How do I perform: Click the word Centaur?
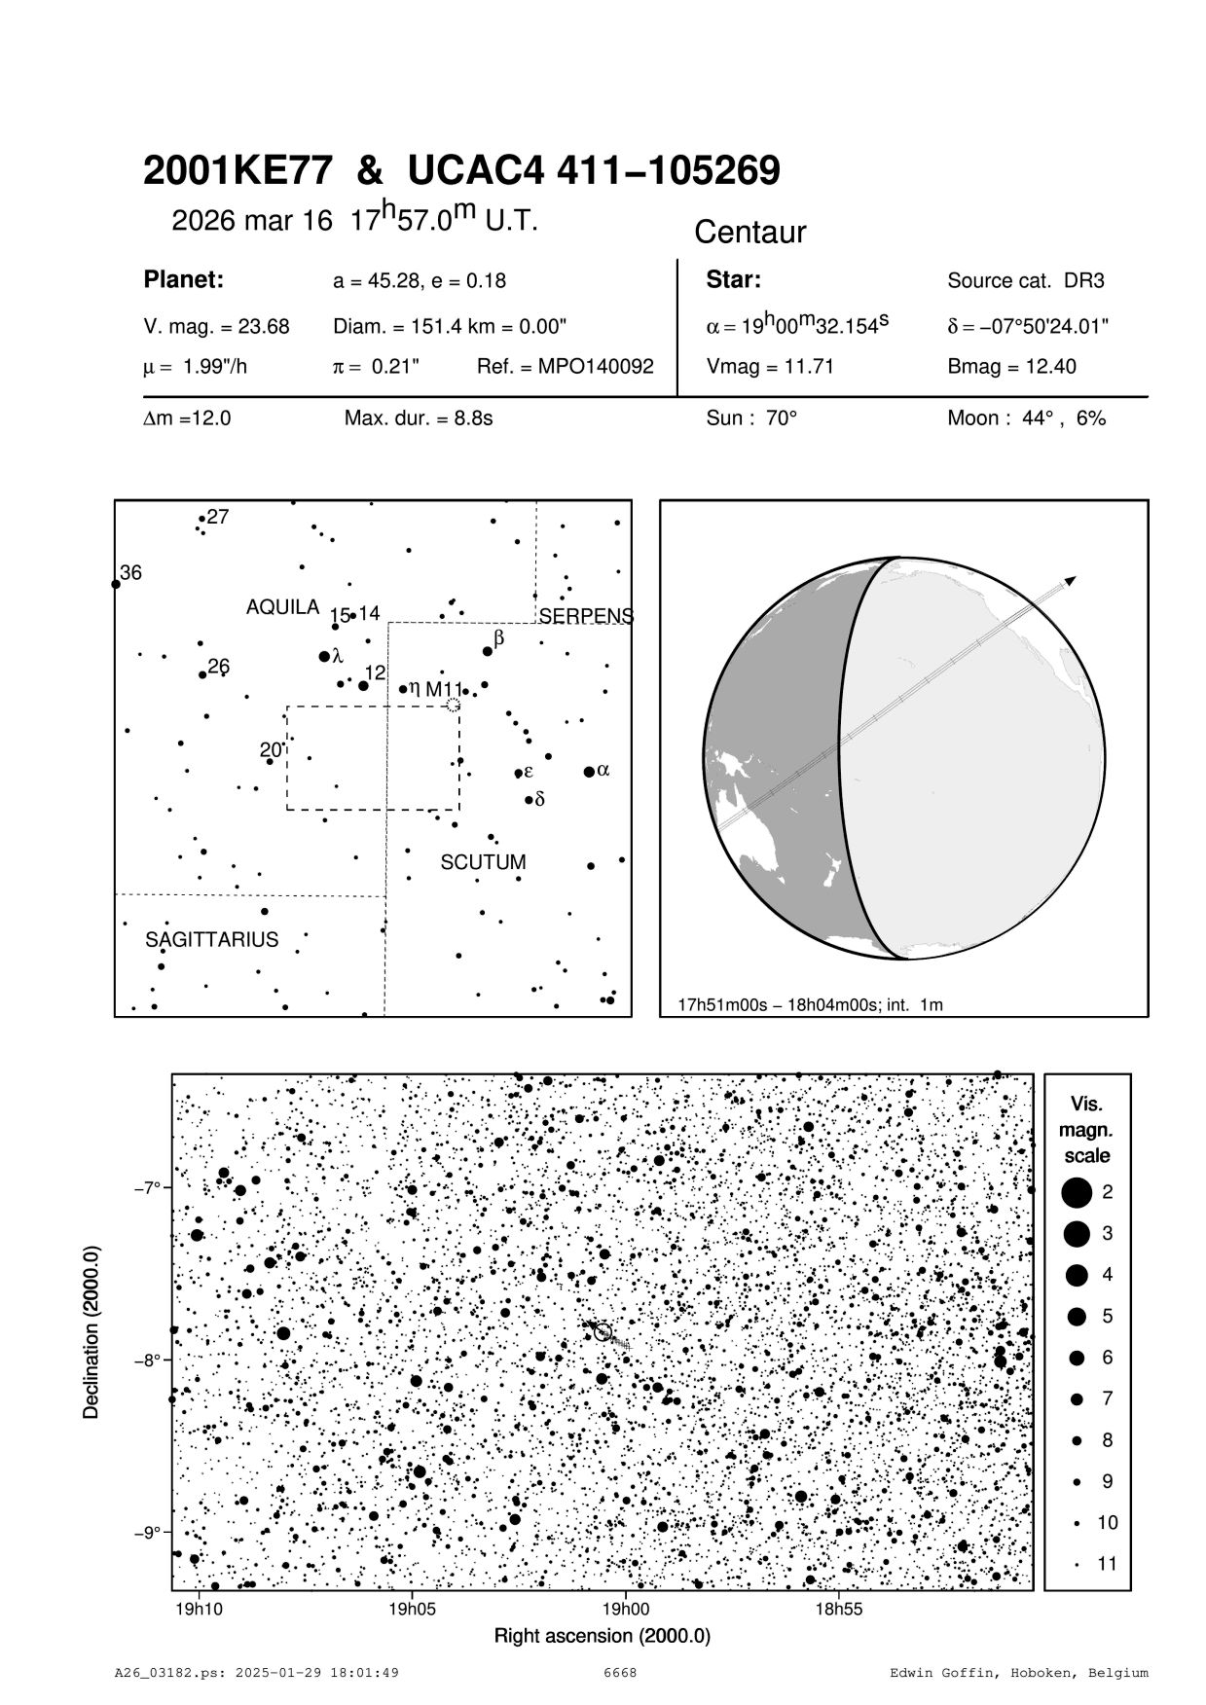[x=749, y=233]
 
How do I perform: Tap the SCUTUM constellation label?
[x=483, y=862]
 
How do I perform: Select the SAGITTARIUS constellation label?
[x=211, y=940]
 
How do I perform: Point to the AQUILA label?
[x=282, y=607]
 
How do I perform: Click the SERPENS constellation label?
[x=586, y=616]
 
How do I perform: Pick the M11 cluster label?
[x=444, y=689]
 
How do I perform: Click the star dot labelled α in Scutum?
[x=589, y=772]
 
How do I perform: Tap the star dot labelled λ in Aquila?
[x=324, y=657]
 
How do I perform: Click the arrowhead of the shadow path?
[x=1070, y=581]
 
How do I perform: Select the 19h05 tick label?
[x=412, y=1609]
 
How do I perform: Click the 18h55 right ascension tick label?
[x=839, y=1609]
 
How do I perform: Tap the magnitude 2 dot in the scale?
[x=1077, y=1191]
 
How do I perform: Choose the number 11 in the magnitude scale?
[x=1107, y=1564]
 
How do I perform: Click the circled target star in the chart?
[x=603, y=1332]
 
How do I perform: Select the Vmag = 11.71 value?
[x=770, y=367]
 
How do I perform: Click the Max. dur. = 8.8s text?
[x=419, y=418]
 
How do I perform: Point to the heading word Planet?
[x=184, y=280]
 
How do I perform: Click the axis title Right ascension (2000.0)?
[x=603, y=1636]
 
